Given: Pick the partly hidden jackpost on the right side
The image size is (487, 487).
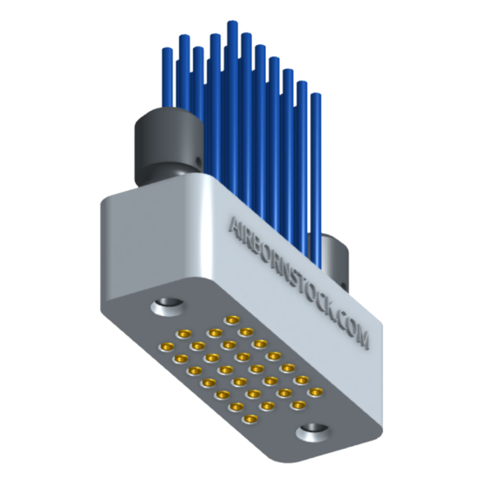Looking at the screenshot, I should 336,258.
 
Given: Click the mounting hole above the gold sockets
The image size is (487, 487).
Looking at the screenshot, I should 167,305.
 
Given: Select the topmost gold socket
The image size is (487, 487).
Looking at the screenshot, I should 232,320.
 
